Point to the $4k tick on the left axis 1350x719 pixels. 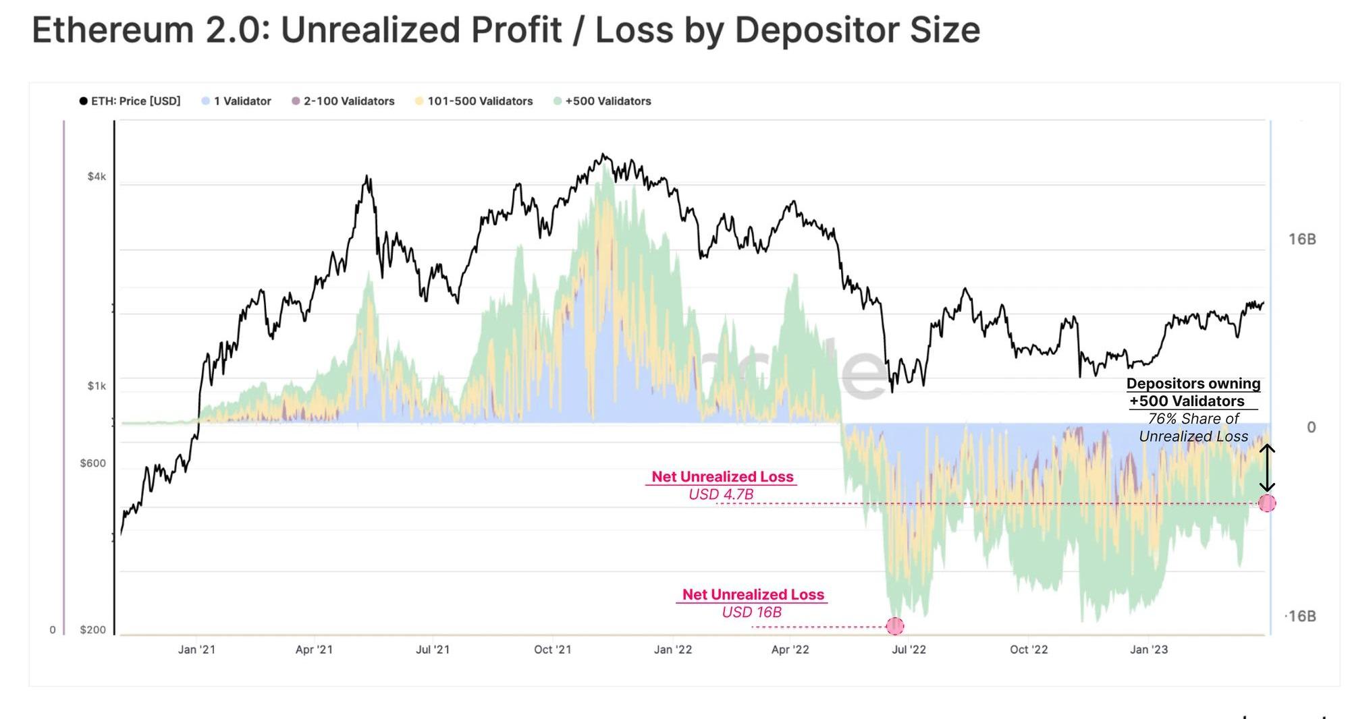click(x=97, y=177)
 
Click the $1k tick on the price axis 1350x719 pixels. click(x=97, y=386)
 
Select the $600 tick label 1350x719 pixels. click(x=93, y=463)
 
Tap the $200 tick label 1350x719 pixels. click(x=93, y=630)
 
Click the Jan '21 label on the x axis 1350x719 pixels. click(x=196, y=650)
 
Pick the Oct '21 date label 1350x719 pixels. click(x=552, y=650)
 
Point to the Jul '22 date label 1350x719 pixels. click(x=909, y=650)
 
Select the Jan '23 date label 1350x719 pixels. click(x=1149, y=650)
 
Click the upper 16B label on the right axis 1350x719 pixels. click(x=1301, y=239)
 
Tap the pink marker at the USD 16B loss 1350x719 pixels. click(x=894, y=626)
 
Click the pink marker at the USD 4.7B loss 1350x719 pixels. click(x=1267, y=503)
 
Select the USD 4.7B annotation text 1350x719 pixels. click(x=721, y=494)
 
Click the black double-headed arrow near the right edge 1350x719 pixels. click(x=1267, y=467)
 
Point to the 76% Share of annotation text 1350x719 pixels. click(x=1193, y=419)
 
